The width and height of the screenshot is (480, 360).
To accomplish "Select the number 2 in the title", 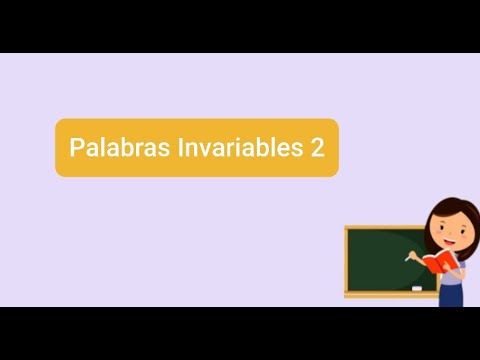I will pos(317,148).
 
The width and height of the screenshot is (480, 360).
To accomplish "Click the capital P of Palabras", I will pos(76,148).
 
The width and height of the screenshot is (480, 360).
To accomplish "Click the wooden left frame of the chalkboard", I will pos(347,260).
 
